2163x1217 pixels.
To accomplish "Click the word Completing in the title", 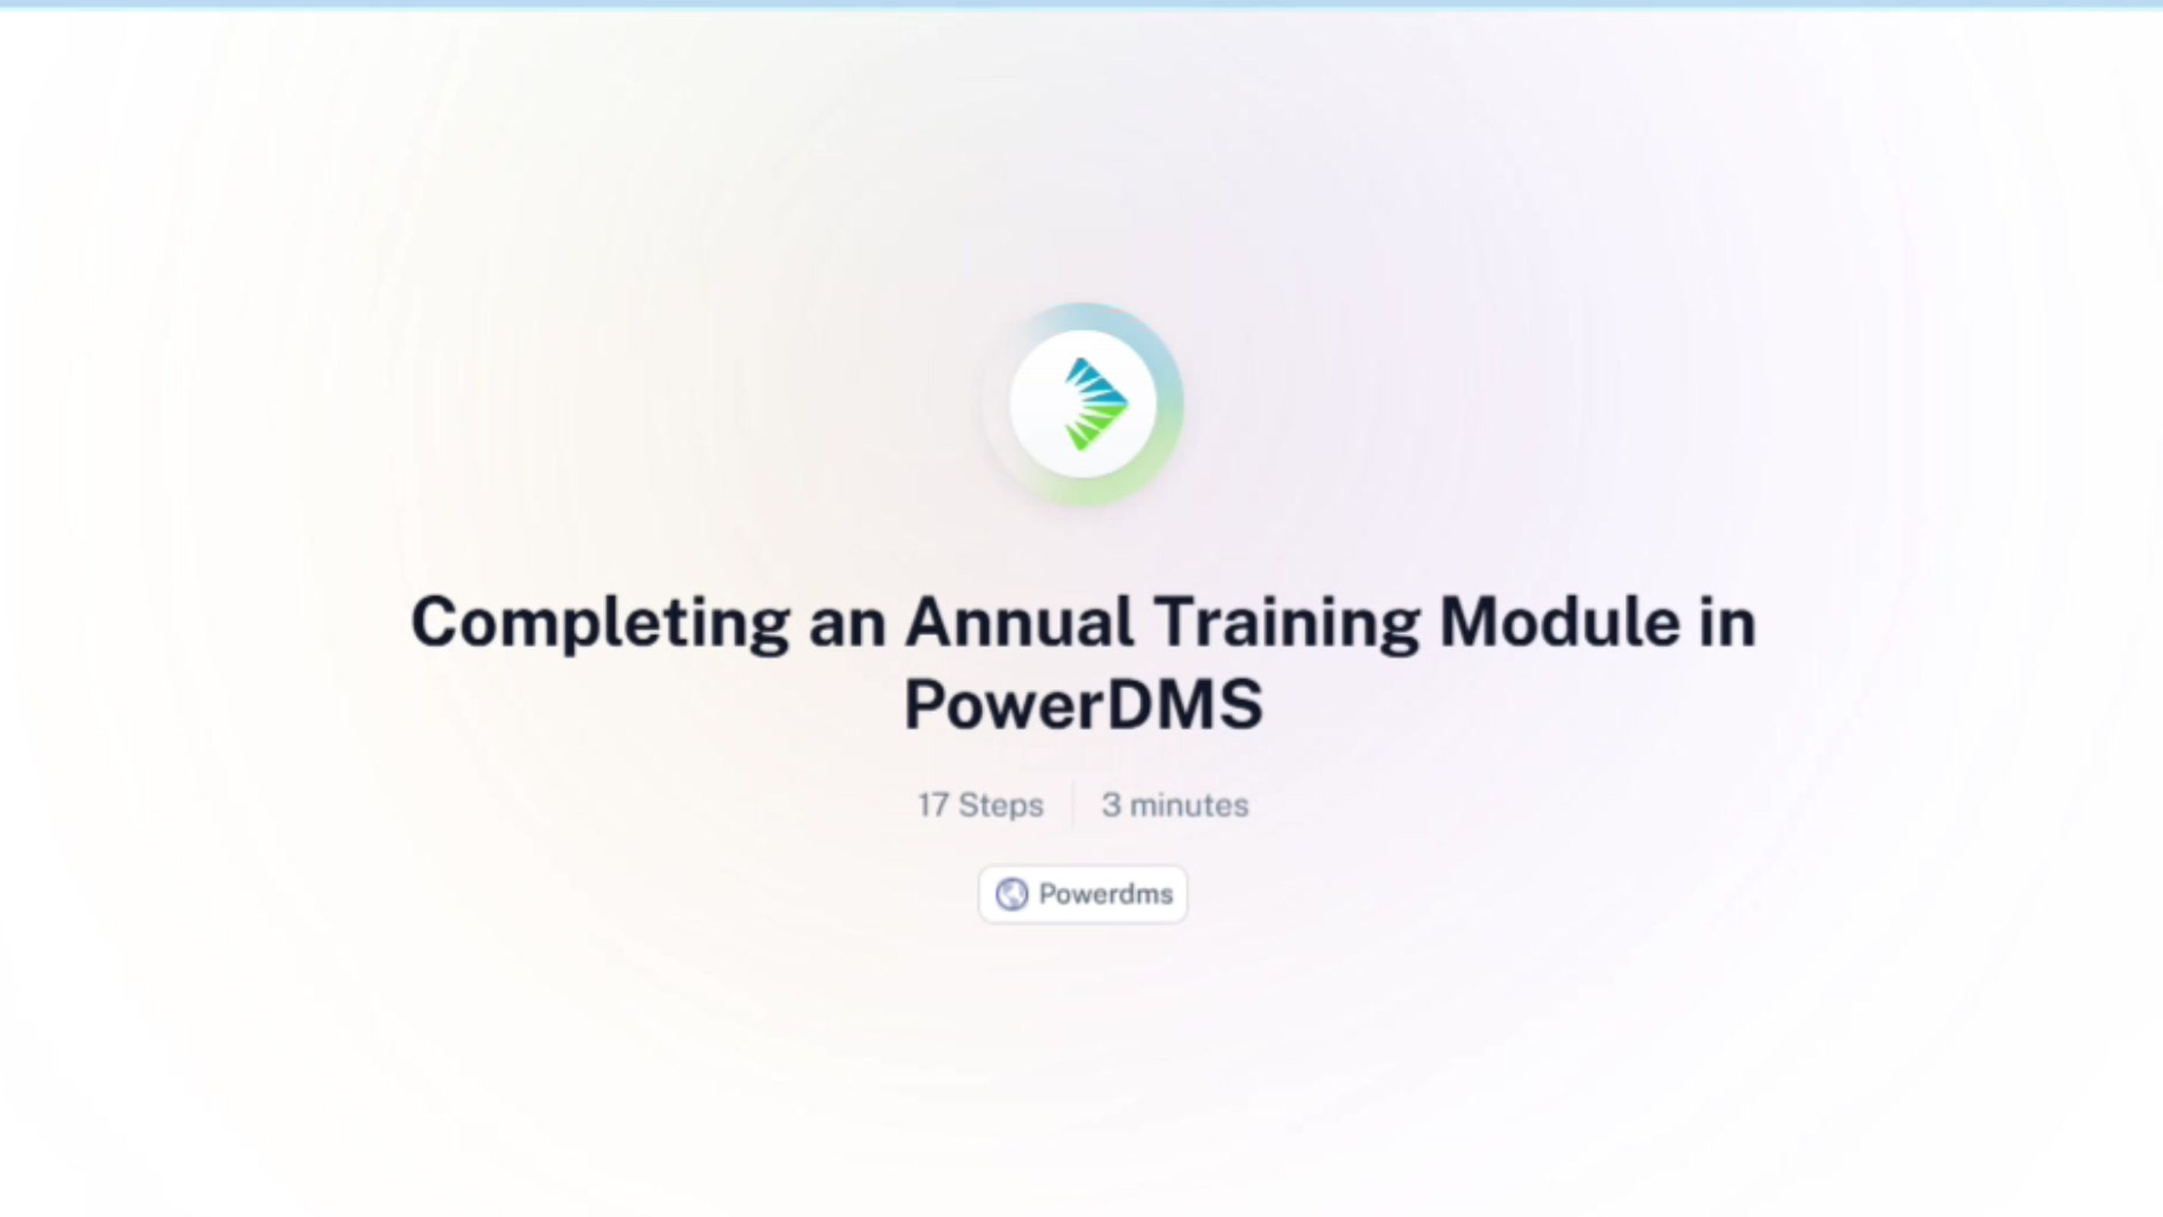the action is (x=601, y=623).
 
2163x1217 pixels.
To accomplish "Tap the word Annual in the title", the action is (x=1019, y=622).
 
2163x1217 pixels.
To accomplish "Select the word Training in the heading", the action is (x=1286, y=623).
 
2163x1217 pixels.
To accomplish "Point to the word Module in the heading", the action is (x=1560, y=622).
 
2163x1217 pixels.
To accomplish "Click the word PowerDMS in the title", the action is (x=1083, y=704).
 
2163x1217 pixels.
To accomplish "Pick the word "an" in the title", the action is (x=848, y=628).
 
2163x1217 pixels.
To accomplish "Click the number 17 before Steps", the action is (x=933, y=805).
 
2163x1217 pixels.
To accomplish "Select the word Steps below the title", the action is (x=1001, y=806).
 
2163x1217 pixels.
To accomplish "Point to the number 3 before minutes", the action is (x=1111, y=805).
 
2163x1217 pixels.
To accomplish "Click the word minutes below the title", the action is (x=1189, y=805).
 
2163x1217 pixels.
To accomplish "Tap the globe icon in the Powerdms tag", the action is (x=1012, y=895).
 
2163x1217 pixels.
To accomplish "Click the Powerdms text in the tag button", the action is (x=1106, y=894).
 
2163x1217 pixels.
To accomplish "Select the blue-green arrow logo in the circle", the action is (x=1096, y=404).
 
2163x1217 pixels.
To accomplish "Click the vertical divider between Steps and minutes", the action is (x=1073, y=805).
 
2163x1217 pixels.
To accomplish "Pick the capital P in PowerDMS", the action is (x=925, y=704).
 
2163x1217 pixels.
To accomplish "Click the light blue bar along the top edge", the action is (x=1081, y=3).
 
